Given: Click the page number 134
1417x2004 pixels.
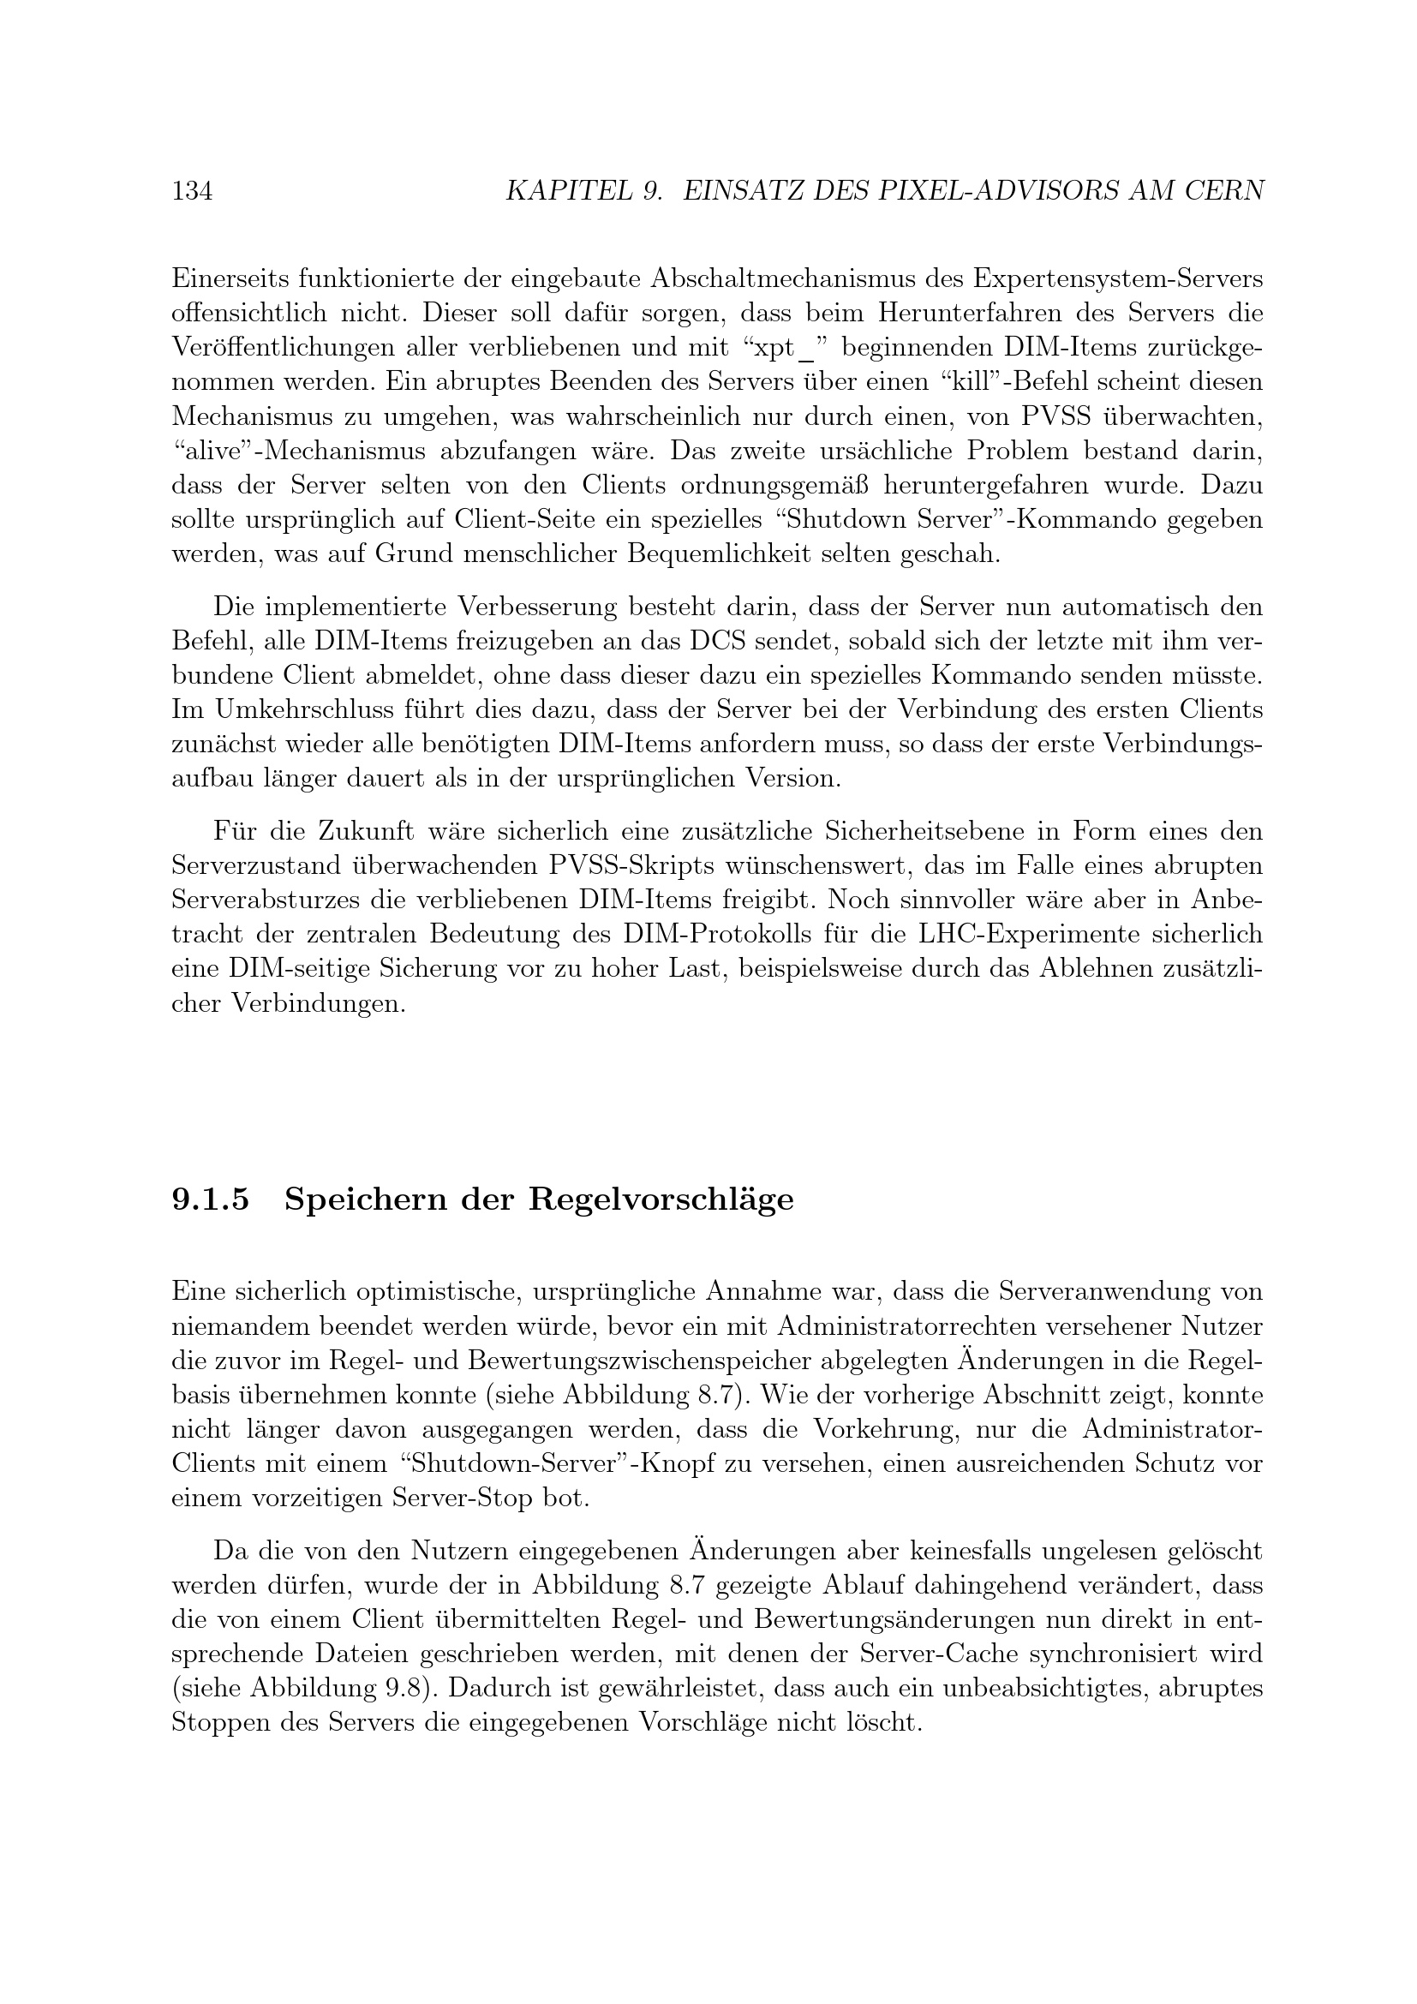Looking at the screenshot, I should (x=192, y=191).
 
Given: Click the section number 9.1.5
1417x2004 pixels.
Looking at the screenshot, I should (x=210, y=1200).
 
